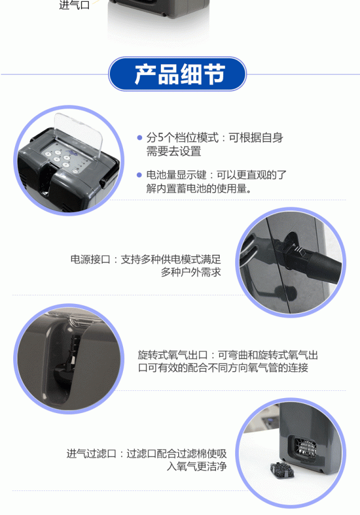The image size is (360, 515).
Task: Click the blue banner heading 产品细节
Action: pyautogui.click(x=177, y=74)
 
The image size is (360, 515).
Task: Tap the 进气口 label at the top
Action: pyautogui.click(x=74, y=5)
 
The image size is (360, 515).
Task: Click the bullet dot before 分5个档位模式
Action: pyautogui.click(x=139, y=138)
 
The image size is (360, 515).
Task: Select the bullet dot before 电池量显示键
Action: pyautogui.click(x=139, y=175)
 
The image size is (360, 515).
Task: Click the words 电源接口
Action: pyautogui.click(x=90, y=260)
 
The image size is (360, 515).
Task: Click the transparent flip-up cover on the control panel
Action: pyautogui.click(x=78, y=133)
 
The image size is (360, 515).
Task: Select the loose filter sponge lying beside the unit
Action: pyautogui.click(x=281, y=469)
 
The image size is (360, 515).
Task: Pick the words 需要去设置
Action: pyautogui.click(x=173, y=152)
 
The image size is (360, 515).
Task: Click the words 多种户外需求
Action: pyautogui.click(x=191, y=272)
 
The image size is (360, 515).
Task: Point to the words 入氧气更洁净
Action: pyautogui.click(x=197, y=466)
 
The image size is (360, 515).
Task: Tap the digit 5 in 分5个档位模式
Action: pyautogui.click(x=160, y=138)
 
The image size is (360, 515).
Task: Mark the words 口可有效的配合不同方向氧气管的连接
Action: pyautogui.click(x=223, y=368)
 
